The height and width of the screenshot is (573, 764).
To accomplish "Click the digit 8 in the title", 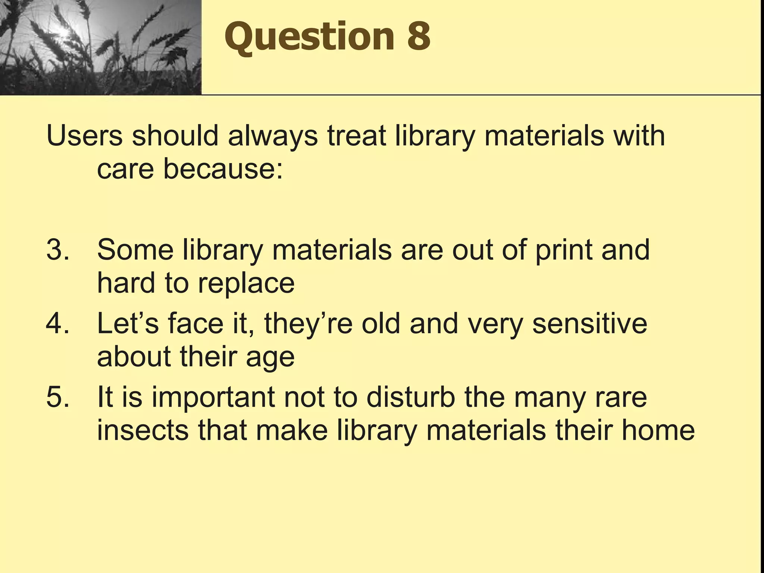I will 418,36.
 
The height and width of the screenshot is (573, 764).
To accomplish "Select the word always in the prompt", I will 273,137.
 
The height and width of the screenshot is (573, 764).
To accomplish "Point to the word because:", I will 223,169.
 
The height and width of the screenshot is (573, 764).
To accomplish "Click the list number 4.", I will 57,323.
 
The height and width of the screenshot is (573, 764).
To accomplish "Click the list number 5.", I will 57,397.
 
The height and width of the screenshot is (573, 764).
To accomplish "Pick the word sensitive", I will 589,323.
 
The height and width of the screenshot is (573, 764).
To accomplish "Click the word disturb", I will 410,397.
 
